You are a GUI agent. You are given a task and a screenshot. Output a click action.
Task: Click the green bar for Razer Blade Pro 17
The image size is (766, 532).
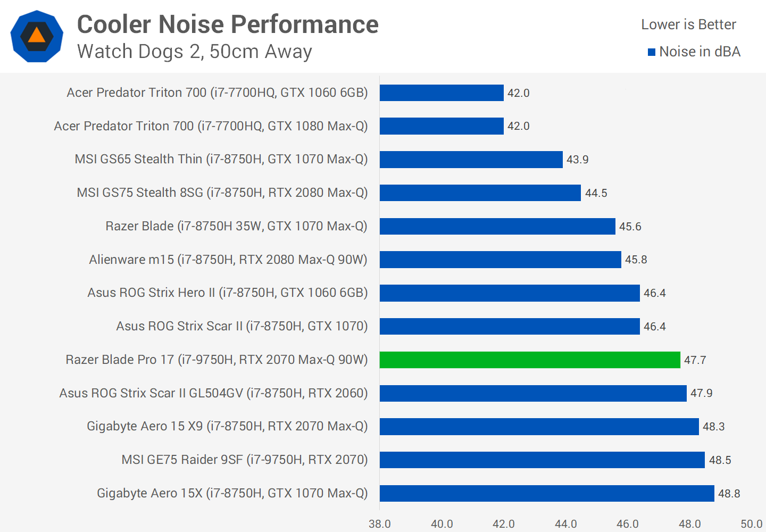click(x=530, y=360)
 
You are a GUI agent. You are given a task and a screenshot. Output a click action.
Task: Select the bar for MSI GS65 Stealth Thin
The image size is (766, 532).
click(x=471, y=160)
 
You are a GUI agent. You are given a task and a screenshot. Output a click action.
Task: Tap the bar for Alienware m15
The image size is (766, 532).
click(x=500, y=260)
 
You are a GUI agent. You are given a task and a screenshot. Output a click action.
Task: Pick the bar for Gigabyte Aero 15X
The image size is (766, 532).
click(x=547, y=493)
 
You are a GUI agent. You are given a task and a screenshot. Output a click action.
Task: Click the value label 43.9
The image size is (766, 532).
click(x=577, y=160)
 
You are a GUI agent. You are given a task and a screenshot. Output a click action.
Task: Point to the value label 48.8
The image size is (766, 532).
click(x=729, y=494)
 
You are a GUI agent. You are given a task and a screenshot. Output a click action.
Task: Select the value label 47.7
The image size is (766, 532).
click(x=695, y=360)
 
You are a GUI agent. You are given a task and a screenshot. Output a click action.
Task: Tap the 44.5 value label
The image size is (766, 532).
click(x=596, y=193)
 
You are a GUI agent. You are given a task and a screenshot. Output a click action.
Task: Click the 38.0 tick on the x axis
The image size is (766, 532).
click(x=380, y=524)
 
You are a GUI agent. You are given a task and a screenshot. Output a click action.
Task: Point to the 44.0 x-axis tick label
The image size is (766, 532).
click(x=565, y=524)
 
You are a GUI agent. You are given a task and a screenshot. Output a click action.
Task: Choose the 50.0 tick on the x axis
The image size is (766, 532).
click(x=751, y=524)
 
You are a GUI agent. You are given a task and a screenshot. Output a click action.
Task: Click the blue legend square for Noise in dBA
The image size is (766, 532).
click(x=651, y=52)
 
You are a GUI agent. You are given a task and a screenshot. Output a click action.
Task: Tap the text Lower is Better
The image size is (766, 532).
click(x=688, y=24)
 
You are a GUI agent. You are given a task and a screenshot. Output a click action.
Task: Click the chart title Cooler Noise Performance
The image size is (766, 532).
click(x=228, y=24)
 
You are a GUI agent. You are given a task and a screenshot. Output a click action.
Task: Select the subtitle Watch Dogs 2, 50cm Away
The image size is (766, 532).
click(x=194, y=52)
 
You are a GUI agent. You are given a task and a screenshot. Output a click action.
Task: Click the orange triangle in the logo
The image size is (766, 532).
click(x=37, y=36)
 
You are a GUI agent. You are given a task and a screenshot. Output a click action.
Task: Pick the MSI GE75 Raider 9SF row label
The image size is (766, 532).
click(x=244, y=460)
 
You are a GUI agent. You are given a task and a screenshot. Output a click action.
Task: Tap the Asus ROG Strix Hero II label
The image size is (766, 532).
click(x=227, y=293)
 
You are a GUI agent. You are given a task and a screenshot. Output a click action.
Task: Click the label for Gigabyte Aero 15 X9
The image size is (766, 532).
click(x=227, y=426)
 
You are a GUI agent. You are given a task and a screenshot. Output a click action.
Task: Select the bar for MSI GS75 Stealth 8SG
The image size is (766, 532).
click(x=480, y=193)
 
